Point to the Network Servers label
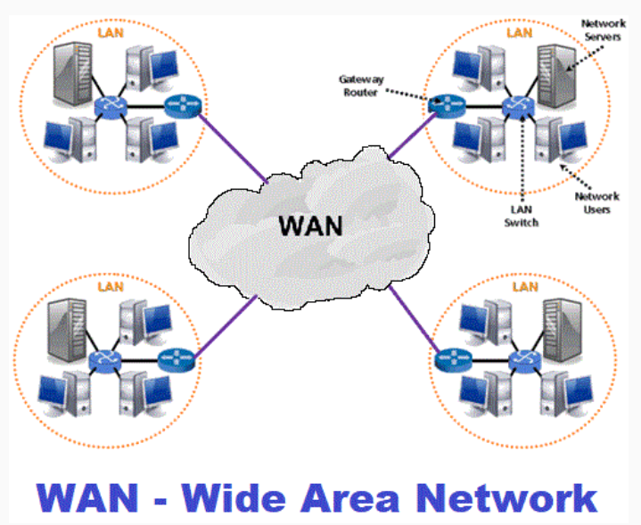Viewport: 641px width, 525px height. click(x=602, y=29)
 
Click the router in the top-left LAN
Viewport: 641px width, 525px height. click(x=184, y=109)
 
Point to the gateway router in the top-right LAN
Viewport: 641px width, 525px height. click(x=442, y=105)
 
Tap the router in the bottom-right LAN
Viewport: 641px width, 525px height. click(x=449, y=361)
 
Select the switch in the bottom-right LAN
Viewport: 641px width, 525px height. click(x=520, y=361)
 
